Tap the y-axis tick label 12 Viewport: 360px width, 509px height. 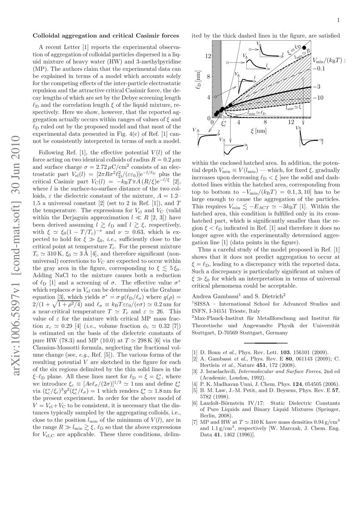[x=208, y=56]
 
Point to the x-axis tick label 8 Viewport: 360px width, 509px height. [x=265, y=123]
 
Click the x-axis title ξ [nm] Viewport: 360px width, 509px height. [x=259, y=131]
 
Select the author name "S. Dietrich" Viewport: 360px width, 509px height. [x=267, y=295]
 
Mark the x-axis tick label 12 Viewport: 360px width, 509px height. [x=291, y=123]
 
